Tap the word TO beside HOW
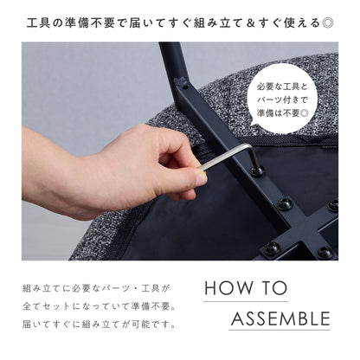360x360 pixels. (x=275, y=287)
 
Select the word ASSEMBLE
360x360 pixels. (x=280, y=318)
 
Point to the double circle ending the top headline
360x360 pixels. (x=328, y=23)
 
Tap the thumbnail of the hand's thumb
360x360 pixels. (x=201, y=179)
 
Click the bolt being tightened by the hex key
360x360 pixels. (x=257, y=171)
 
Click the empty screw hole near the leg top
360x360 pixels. (x=185, y=87)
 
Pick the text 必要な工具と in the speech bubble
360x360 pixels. (x=283, y=87)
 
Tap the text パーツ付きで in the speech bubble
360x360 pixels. (x=283, y=100)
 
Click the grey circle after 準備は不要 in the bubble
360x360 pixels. (x=304, y=113)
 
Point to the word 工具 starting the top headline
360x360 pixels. (x=38, y=23)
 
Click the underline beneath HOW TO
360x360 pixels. (x=246, y=302)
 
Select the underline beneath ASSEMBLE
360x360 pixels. (x=280, y=330)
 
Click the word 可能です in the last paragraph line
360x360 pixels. (x=155, y=325)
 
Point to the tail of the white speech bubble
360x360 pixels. (x=254, y=123)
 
